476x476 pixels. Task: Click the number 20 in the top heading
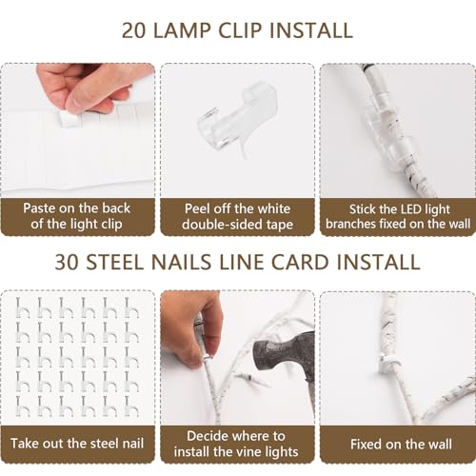pyautogui.click(x=134, y=30)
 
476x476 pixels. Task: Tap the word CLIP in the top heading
pyautogui.click(x=240, y=30)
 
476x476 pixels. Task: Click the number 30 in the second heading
pyautogui.click(x=67, y=262)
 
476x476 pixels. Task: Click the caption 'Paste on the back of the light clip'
pyautogui.click(x=77, y=216)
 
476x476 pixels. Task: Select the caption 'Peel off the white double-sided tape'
pyautogui.click(x=237, y=216)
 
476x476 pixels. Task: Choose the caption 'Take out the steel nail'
pyautogui.click(x=77, y=444)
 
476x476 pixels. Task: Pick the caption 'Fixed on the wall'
pyautogui.click(x=401, y=444)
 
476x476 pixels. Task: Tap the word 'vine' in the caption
pyautogui.click(x=253, y=451)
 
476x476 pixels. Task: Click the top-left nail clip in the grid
pyautogui.click(x=22, y=307)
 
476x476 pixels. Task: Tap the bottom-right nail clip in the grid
pyautogui.click(x=131, y=406)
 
